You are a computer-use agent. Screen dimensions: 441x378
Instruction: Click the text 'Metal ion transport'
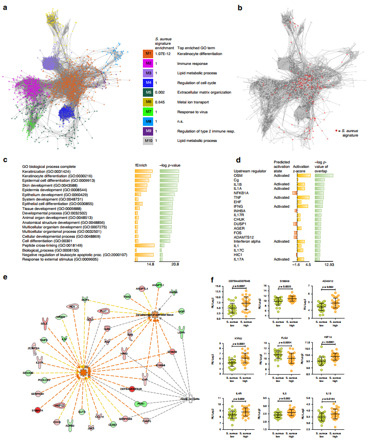[195, 102]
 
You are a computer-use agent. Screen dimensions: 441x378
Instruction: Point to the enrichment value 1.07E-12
[163, 54]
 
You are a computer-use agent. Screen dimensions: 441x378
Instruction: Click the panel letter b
[240, 8]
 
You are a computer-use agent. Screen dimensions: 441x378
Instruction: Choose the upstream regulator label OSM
[238, 176]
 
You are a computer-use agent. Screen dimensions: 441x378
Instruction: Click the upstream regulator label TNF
[238, 197]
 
